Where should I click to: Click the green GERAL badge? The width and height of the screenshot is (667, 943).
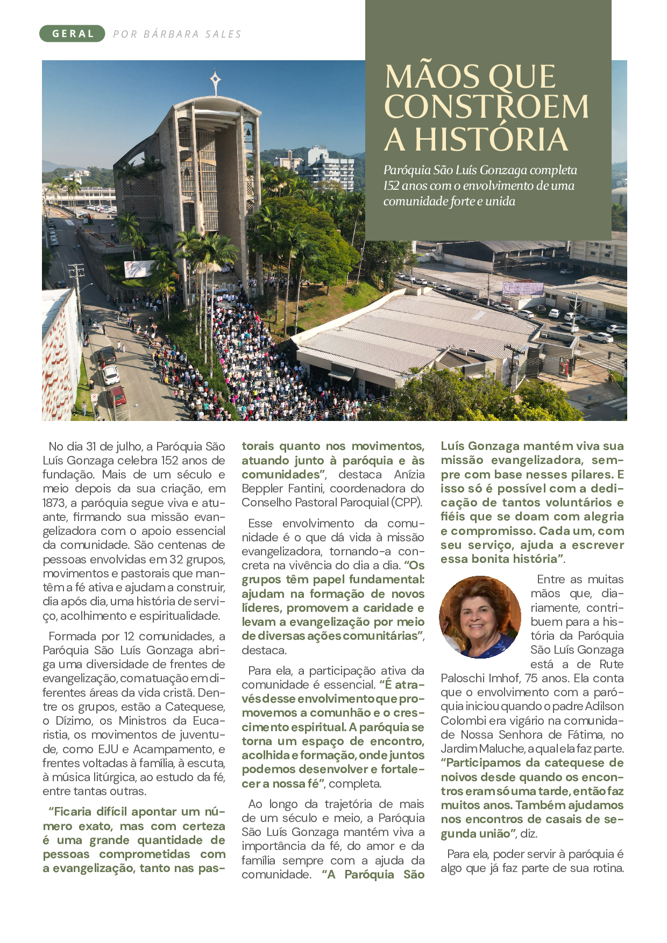72,33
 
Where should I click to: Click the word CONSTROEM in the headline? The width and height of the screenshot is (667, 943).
486,107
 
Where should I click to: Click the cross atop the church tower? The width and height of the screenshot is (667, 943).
215,82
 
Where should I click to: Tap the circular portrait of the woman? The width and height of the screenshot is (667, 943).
480,617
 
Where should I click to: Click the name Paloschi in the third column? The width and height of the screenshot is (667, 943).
464,678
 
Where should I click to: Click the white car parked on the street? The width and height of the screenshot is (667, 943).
110,375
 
